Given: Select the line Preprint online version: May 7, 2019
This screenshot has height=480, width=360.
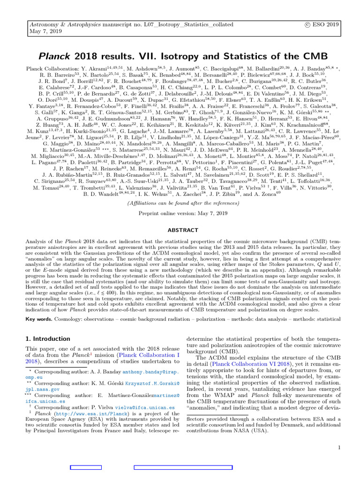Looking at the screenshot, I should [180, 212].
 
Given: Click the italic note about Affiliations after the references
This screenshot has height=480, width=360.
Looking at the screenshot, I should [180, 203].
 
